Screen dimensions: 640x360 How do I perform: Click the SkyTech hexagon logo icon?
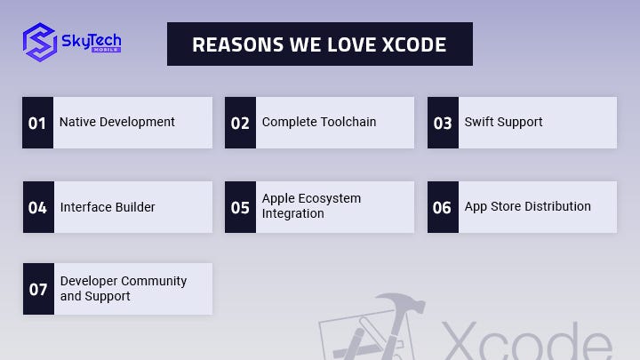[x=40, y=42]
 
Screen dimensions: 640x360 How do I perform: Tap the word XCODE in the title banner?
[x=414, y=44]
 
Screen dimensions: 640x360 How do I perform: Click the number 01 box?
[x=37, y=123]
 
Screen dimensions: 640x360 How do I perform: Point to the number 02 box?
[x=240, y=123]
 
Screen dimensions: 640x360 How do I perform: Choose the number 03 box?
[x=443, y=123]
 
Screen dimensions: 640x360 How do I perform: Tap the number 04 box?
[x=38, y=207]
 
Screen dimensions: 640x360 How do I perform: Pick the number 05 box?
[x=240, y=207]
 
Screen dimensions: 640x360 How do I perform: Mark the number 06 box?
[x=443, y=207]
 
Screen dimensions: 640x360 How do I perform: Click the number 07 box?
[x=38, y=289]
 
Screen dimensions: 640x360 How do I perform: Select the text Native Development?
[x=117, y=122]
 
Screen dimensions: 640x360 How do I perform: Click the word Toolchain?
[x=348, y=122]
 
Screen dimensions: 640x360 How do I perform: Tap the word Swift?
[x=476, y=122]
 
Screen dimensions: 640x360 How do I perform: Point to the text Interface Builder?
[x=108, y=207]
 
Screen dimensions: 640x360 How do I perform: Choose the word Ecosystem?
[x=330, y=199]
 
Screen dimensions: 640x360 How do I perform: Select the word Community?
[x=155, y=281]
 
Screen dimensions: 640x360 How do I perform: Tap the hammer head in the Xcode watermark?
[x=402, y=302]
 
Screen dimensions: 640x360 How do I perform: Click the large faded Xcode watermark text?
[x=526, y=340]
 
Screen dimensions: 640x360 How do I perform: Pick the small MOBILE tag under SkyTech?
[x=106, y=50]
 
